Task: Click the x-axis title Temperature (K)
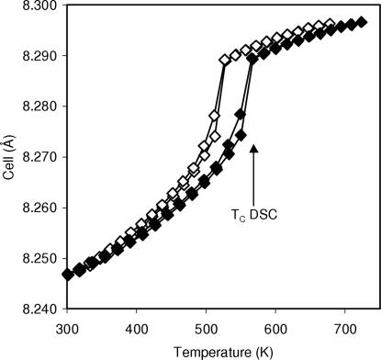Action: pyautogui.click(x=206, y=350)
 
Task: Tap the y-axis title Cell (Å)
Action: pyautogui.click(x=9, y=157)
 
